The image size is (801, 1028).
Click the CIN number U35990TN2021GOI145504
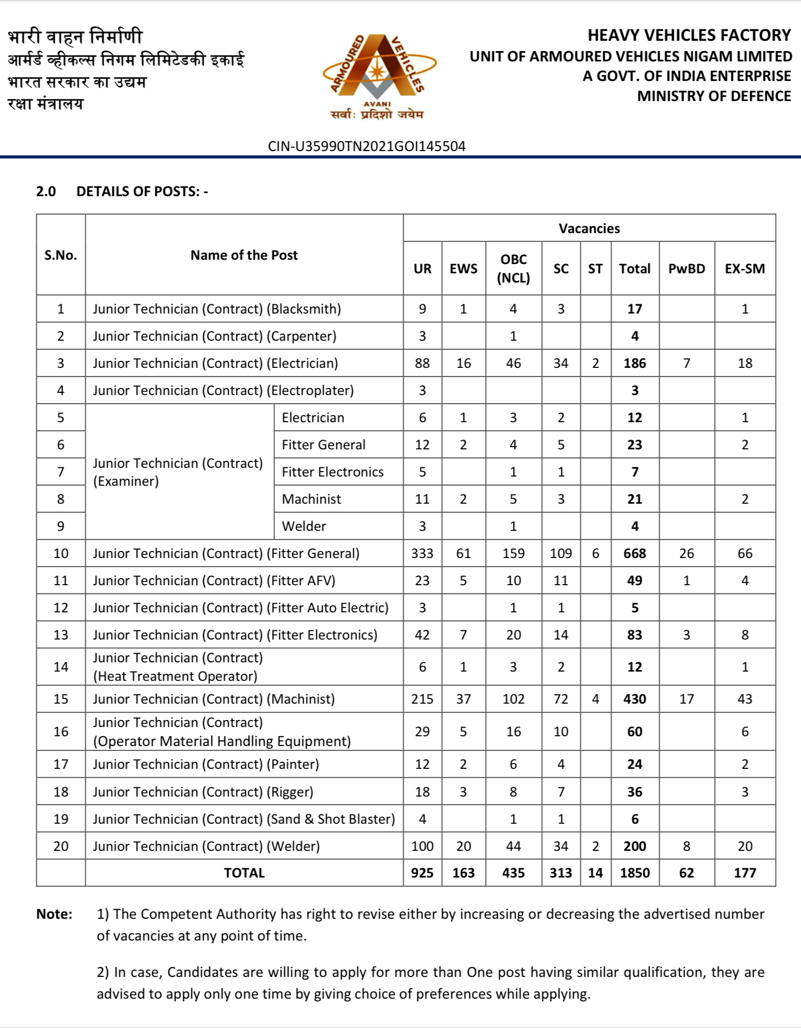pos(367,146)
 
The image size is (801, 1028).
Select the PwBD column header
pos(686,268)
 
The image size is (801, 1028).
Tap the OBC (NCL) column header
pos(513,268)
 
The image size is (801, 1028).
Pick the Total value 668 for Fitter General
pos(634,553)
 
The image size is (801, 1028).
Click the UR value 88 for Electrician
pos(422,363)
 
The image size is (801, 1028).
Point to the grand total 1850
pos(634,873)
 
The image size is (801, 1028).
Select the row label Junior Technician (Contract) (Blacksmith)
pos(217,309)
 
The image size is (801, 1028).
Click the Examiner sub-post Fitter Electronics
pos(333,472)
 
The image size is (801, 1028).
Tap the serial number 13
pos(61,635)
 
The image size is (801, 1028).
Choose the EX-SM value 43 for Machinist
pos(744,699)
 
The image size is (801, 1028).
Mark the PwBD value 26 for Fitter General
pos(686,553)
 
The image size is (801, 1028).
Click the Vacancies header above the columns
pos(589,228)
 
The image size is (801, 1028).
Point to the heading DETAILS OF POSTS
pos(142,191)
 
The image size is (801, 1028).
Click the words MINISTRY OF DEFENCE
pos(714,96)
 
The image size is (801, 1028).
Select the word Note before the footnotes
pos(54,914)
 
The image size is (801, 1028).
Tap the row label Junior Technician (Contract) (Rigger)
pos(203,792)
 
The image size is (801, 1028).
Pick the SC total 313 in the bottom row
pos(560,873)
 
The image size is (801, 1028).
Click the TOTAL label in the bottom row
pos(244,873)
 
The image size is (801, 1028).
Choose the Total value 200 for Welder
pos(634,846)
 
